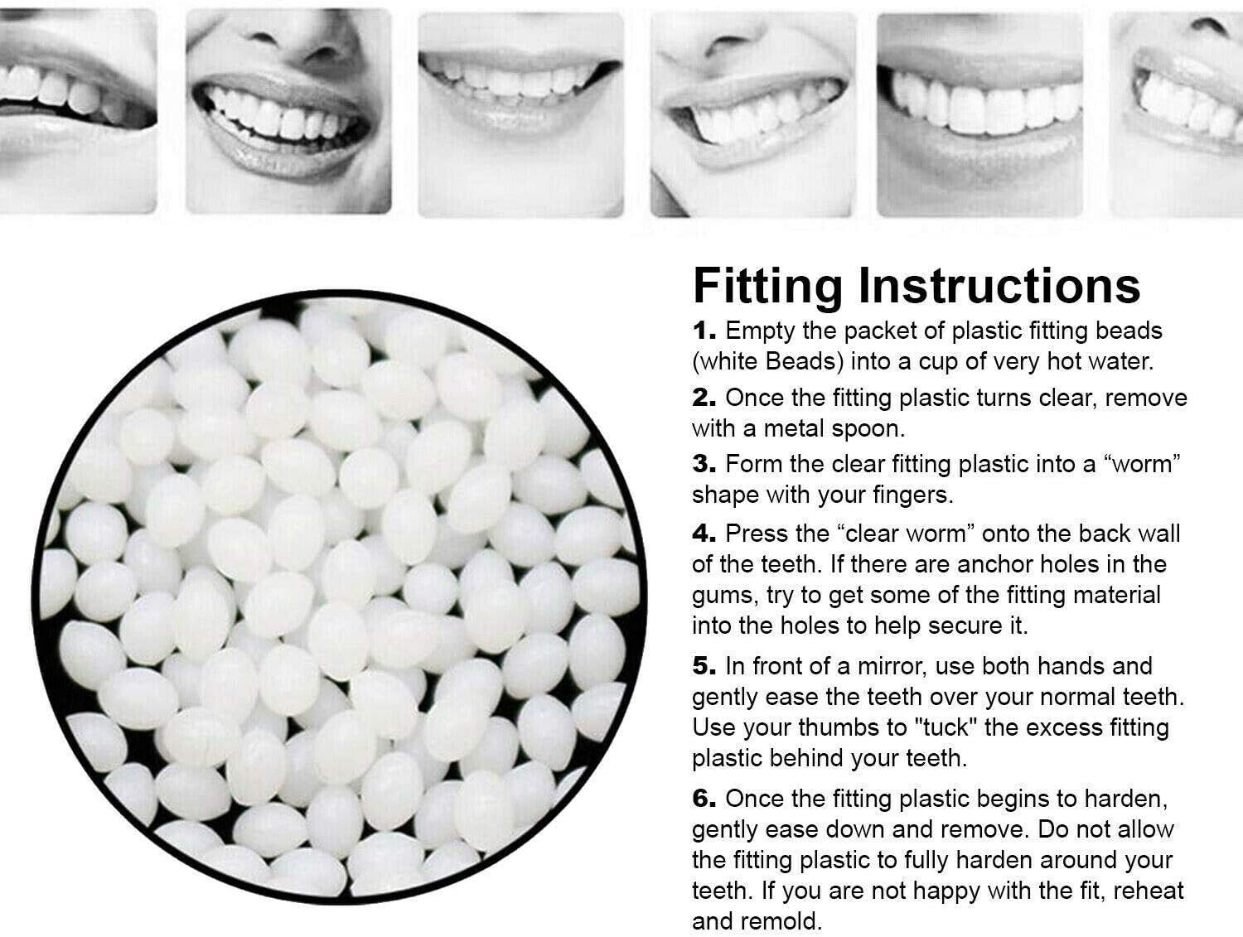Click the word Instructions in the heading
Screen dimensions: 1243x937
[x=999, y=286]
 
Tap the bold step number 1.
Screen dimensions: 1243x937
[x=704, y=331]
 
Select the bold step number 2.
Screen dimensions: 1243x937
[x=704, y=398]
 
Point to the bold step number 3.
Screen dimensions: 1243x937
[x=704, y=464]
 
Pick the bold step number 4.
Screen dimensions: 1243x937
[x=704, y=534]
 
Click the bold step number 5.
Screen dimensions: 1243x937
[x=704, y=666]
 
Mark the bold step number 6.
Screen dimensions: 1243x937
[x=704, y=799]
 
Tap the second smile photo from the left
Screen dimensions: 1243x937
[x=288, y=112]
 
